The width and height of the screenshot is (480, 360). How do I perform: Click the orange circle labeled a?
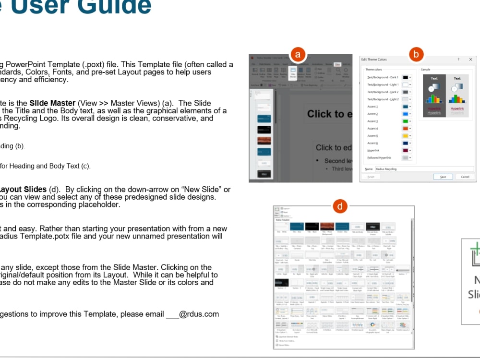coord(298,54)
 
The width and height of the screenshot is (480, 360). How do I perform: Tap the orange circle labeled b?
coord(416,54)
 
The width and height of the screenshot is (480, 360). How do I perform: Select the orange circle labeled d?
coord(340,206)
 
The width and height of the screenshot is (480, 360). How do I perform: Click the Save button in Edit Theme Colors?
coord(443,177)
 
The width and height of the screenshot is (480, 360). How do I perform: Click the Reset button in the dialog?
coord(371,177)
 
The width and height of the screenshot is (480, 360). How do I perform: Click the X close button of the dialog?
coord(470,60)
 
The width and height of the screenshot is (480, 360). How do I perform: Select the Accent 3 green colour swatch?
coord(406,121)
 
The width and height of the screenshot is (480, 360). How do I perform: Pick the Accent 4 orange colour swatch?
coord(406,129)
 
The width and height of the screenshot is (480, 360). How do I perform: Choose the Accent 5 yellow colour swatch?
coord(406,136)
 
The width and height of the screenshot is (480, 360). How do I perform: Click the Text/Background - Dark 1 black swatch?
coord(406,77)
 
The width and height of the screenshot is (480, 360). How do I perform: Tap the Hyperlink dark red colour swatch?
coord(406,151)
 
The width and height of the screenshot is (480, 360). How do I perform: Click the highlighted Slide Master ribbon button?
coord(292,72)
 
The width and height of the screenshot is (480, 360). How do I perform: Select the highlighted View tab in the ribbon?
coord(337,64)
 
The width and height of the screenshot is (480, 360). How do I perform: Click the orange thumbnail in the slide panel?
coord(264,141)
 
